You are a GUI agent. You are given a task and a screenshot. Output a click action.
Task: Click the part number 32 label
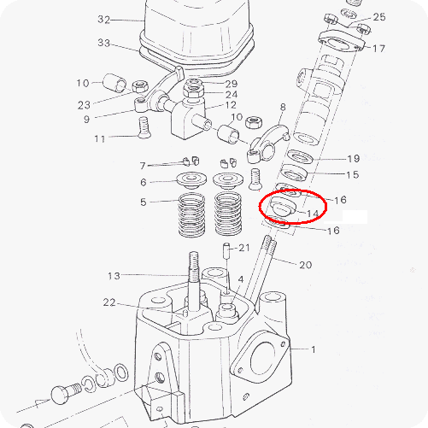pyautogui.click(x=103, y=20)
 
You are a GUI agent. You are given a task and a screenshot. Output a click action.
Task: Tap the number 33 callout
pyautogui.click(x=103, y=43)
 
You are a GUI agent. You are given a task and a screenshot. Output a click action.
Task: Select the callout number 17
pyautogui.click(x=378, y=49)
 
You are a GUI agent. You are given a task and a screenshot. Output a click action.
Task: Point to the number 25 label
pyautogui.click(x=379, y=17)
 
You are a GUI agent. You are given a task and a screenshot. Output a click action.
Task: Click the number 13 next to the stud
pyautogui.click(x=114, y=276)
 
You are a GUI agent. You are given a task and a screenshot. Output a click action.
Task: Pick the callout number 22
pyautogui.click(x=109, y=302)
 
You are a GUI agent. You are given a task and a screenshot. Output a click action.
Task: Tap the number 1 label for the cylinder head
pyautogui.click(x=314, y=349)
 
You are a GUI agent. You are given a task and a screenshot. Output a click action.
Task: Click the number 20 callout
pyautogui.click(x=305, y=265)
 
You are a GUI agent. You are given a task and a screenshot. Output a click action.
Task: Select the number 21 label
pyautogui.click(x=244, y=248)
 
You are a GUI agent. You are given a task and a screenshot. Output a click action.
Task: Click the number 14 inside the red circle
pyautogui.click(x=313, y=214)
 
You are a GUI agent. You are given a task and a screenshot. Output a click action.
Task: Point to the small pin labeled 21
pyautogui.click(x=226, y=250)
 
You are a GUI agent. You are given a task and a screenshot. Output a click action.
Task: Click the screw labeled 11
pyautogui.click(x=144, y=127)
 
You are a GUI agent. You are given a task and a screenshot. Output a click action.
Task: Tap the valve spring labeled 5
pyautogui.click(x=191, y=214)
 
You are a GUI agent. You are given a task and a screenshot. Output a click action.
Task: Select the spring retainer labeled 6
pyautogui.click(x=191, y=180)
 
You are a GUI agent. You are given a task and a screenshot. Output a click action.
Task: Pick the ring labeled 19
pyautogui.click(x=300, y=157)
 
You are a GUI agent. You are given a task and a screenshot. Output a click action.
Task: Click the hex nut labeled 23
pyautogui.click(x=140, y=86)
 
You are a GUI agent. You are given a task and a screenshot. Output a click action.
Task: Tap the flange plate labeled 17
pyautogui.click(x=342, y=42)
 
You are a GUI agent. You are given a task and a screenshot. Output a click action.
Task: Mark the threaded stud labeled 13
pyautogui.click(x=194, y=280)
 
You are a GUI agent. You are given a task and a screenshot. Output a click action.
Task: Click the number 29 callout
pyautogui.click(x=232, y=84)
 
